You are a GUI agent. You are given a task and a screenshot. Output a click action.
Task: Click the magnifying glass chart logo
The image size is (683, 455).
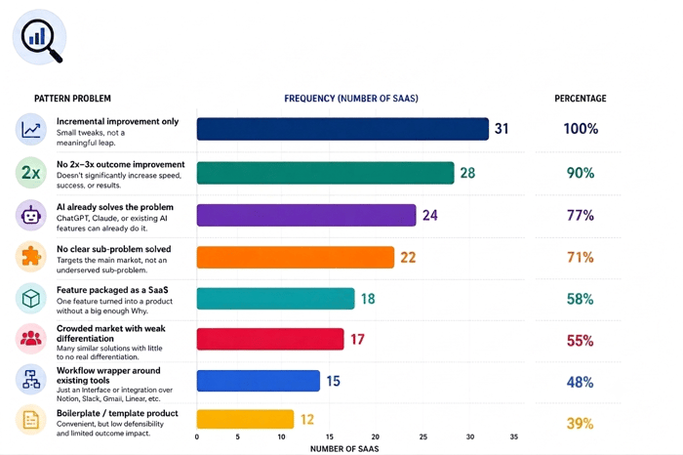pos(40,37)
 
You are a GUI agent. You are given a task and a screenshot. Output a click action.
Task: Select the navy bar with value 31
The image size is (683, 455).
pos(342,129)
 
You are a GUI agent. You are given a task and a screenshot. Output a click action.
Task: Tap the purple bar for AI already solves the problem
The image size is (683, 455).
pos(306,215)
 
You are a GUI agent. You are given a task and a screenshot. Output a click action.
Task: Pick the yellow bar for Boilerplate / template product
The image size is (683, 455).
pos(245,419)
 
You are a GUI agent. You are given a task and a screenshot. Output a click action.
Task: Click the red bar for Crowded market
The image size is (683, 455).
pos(270,339)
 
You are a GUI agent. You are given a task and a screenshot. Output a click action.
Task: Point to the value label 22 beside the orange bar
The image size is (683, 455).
pos(408,257)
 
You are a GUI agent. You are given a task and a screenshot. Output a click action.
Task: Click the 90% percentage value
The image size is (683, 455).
pos(581,173)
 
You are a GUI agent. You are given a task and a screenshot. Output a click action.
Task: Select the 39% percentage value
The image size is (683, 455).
pos(580,423)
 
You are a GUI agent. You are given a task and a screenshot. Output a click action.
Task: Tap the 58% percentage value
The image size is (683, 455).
pos(580,299)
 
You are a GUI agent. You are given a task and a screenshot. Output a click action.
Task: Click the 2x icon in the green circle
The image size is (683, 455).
pos(31,173)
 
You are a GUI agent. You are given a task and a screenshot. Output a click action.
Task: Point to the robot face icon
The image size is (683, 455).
pos(31,216)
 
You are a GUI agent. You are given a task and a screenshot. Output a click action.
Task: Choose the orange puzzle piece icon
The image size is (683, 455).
pos(31,257)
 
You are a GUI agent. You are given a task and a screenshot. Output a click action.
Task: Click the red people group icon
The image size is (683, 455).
pos(31,339)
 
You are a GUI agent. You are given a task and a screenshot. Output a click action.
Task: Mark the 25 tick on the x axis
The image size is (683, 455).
pos(422,436)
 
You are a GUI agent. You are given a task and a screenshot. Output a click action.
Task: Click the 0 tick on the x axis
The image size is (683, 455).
pos(197,436)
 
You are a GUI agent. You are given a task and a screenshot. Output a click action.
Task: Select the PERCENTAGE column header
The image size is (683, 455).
pos(581,99)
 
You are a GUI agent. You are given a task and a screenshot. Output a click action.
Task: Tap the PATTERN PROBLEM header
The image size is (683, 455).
pos(72,99)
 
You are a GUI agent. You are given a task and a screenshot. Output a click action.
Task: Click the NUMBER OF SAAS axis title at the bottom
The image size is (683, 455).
pos(344,449)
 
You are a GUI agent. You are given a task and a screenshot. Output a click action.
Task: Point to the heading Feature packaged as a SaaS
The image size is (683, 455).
pos(112,290)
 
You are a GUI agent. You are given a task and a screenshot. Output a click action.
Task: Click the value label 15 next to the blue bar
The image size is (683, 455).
pos(334,381)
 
